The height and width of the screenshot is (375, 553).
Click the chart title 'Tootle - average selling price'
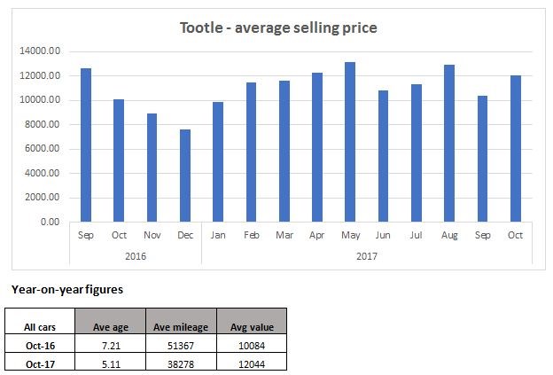(278, 27)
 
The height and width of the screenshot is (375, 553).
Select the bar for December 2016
(185, 176)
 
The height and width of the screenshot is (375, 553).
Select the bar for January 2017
(218, 161)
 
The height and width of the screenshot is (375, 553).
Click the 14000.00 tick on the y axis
(41, 51)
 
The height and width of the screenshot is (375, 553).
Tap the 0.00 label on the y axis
(50, 222)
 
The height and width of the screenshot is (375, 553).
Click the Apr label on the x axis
(317, 236)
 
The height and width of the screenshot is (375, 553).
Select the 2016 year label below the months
(136, 255)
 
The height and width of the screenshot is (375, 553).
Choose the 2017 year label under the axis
(367, 255)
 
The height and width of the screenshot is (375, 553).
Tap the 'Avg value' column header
(253, 328)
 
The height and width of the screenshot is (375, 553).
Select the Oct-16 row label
(38, 346)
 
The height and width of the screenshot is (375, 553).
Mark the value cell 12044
(253, 363)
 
